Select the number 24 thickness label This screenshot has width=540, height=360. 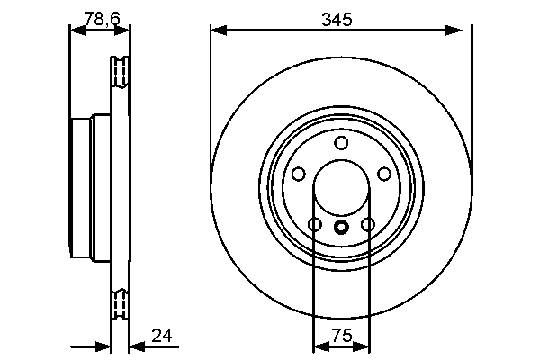coord(162,337)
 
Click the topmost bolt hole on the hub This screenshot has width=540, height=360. coord(341,143)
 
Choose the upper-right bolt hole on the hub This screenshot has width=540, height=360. coord(384,174)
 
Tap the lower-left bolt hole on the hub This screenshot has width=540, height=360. coord(314,224)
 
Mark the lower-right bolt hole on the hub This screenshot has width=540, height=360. coord(367,224)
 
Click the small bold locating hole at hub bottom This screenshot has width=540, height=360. coord(341,227)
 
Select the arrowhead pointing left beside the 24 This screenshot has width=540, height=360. coord(135,346)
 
